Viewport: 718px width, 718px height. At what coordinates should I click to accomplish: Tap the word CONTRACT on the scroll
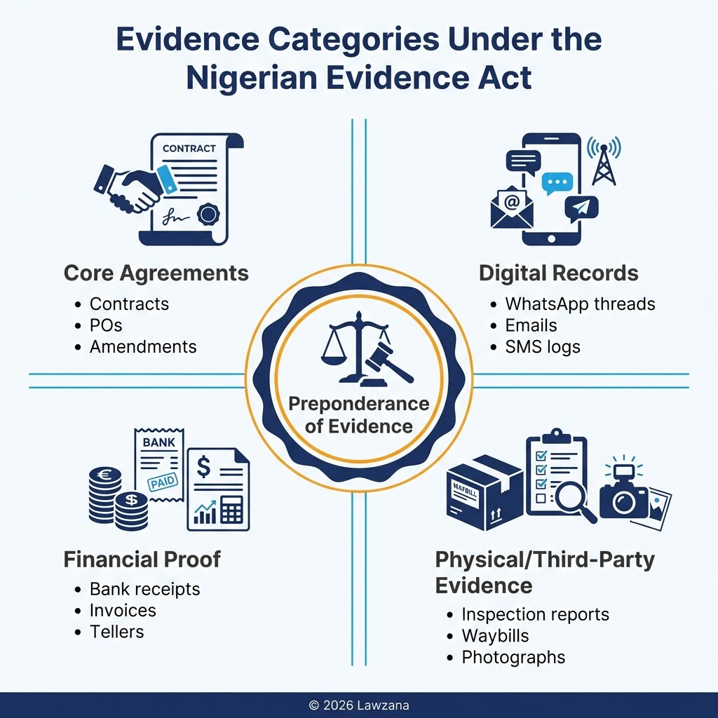(x=189, y=149)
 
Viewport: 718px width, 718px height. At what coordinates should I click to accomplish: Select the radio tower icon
(x=604, y=161)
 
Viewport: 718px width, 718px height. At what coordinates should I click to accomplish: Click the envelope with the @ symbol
(x=512, y=206)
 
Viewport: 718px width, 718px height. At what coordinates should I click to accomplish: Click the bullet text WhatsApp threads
(x=580, y=304)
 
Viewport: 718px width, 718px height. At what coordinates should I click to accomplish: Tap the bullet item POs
(x=106, y=325)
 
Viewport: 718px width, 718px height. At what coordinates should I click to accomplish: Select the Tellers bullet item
(x=116, y=631)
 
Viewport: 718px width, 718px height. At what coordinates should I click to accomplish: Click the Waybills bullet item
(x=495, y=636)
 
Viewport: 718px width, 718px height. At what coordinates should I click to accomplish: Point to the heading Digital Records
(x=558, y=273)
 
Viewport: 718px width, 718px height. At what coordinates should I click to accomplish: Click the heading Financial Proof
(x=142, y=559)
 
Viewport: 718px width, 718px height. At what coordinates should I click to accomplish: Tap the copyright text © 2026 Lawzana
(x=359, y=705)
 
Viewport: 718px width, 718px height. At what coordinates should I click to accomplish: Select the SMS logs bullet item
(x=543, y=346)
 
